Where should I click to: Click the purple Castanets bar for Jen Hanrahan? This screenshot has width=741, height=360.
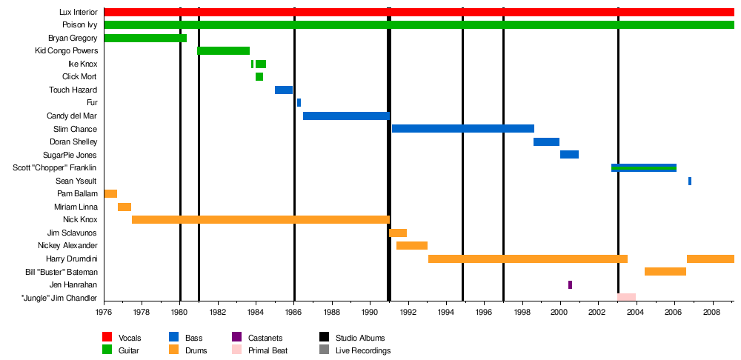pos(570,284)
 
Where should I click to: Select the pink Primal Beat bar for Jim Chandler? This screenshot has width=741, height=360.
pos(626,297)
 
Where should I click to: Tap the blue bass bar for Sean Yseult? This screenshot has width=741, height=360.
pos(689,181)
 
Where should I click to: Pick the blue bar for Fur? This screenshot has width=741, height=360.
pos(299,103)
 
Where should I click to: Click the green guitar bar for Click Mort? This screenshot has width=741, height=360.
pos(259,77)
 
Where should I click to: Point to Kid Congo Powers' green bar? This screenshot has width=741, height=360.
pos(223,51)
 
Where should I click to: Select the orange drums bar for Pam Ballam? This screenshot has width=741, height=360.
pos(110,193)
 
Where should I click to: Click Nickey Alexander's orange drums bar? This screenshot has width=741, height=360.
pos(411,245)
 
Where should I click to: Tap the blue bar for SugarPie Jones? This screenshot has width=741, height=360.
pos(569,155)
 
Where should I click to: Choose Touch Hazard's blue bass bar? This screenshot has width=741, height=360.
pos(284,90)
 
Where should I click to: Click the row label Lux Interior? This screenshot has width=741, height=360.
pos(78,13)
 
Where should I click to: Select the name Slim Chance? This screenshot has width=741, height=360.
pos(76,129)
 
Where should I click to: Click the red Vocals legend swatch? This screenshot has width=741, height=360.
pos(107,338)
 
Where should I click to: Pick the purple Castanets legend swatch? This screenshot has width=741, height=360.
pos(236,338)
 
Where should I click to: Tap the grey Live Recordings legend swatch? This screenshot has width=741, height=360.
pos(324,350)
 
